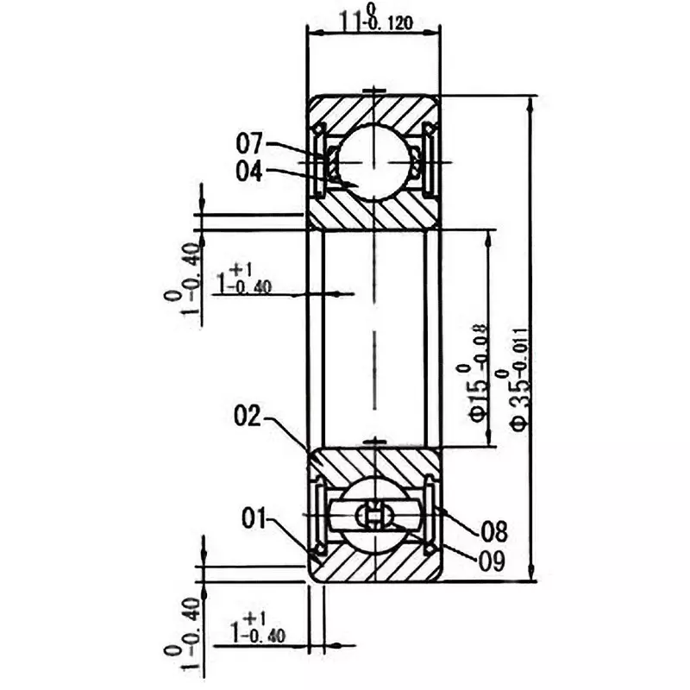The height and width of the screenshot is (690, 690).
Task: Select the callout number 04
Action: coord(253,171)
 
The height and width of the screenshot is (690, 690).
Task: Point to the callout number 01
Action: coord(255,519)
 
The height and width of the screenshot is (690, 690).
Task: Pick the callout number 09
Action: coord(492,558)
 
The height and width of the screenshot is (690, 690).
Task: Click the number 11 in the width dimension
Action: coord(348,19)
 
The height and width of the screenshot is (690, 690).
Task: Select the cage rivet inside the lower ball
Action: coord(374,516)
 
